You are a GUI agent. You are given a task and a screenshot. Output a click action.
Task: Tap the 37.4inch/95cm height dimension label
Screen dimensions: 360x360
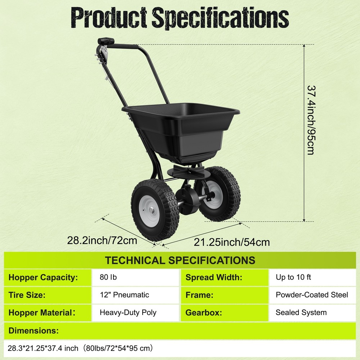tap(311, 120)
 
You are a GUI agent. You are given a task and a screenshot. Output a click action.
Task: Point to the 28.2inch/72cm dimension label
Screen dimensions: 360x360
tap(102, 240)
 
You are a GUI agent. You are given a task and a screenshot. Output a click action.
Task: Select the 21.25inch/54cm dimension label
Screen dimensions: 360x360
tap(232, 242)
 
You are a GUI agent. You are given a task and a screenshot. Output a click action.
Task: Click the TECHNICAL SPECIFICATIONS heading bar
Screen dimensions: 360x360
tap(180, 260)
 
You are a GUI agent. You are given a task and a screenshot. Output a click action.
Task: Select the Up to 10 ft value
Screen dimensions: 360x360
tap(293, 278)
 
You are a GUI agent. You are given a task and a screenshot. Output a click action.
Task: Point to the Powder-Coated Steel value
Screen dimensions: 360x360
tap(312, 295)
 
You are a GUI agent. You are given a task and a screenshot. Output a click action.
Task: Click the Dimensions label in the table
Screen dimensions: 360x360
tap(33, 330)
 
